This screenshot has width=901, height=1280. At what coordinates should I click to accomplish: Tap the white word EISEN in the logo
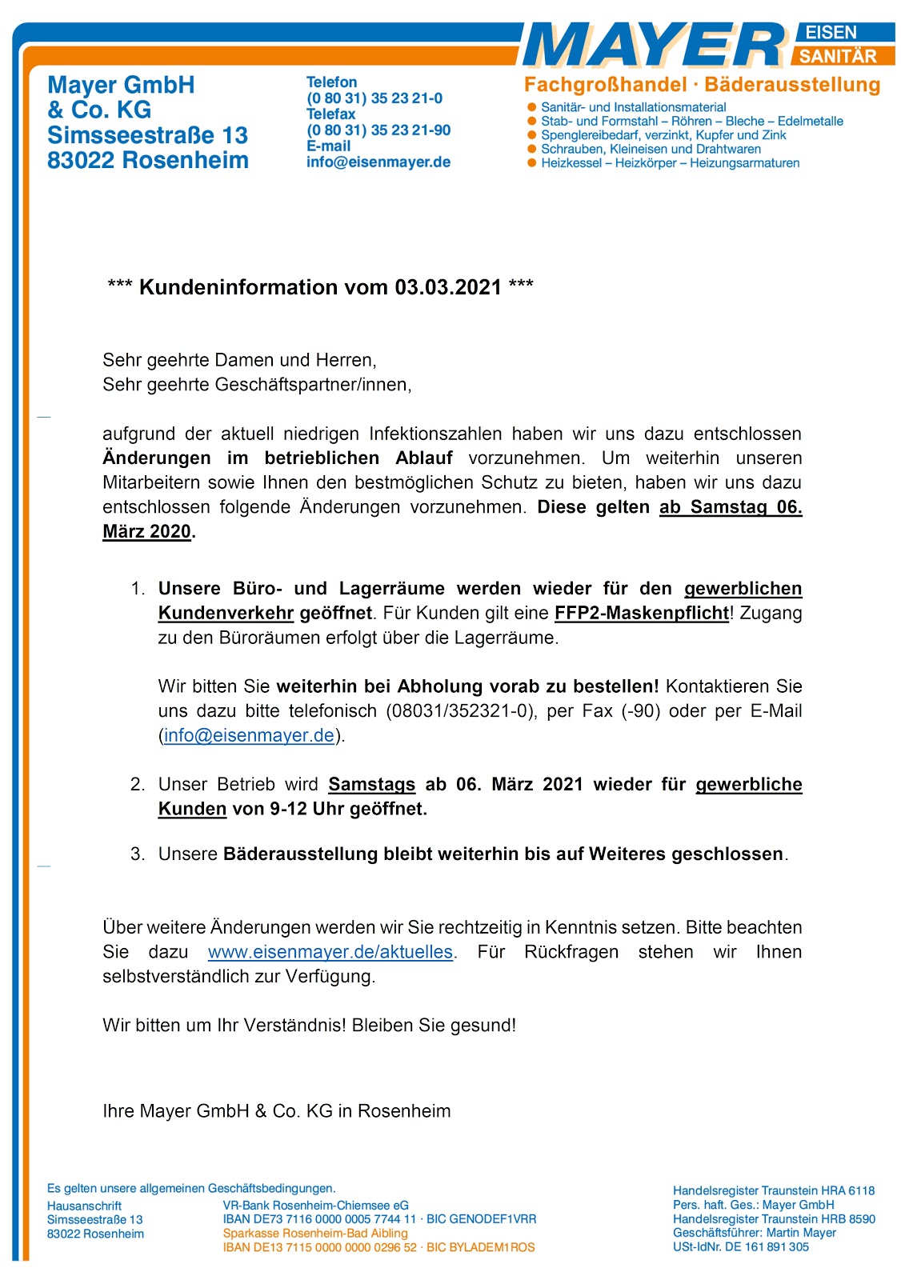[x=831, y=33]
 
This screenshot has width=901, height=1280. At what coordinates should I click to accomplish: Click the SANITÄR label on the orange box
[x=838, y=56]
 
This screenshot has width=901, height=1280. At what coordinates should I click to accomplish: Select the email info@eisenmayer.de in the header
[x=378, y=162]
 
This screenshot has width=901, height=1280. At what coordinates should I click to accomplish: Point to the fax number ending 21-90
[x=378, y=130]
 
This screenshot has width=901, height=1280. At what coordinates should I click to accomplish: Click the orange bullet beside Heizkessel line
[x=531, y=163]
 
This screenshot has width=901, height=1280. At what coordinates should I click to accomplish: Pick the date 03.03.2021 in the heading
[x=448, y=287]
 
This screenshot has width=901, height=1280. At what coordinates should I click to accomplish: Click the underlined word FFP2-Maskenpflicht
[x=642, y=614]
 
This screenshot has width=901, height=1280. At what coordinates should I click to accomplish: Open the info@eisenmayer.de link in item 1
[x=249, y=736]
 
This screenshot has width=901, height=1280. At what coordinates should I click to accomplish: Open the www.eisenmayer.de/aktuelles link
[x=330, y=953]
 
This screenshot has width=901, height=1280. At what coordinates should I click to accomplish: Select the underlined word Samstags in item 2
[x=371, y=785]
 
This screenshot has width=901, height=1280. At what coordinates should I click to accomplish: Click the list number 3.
[x=137, y=854]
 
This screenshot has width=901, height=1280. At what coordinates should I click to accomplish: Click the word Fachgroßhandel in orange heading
[x=605, y=85]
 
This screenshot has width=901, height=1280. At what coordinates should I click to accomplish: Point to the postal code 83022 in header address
[x=80, y=161]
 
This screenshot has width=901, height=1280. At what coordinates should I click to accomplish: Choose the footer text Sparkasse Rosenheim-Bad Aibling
[x=315, y=1234]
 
